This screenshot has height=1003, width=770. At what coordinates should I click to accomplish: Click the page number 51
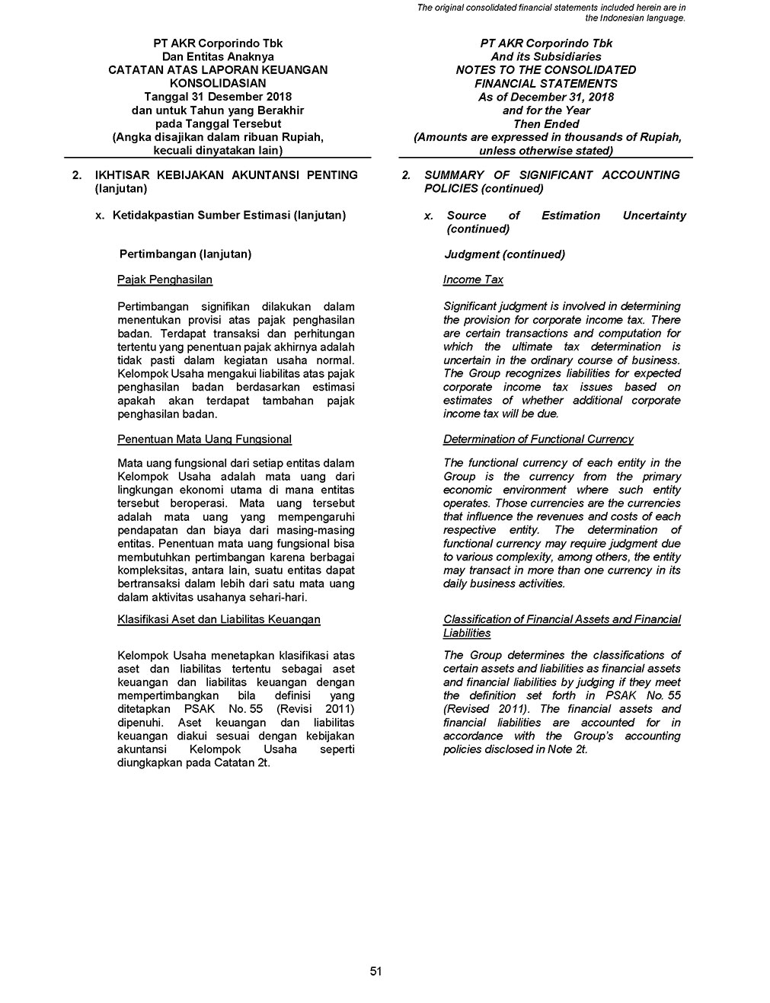tap(375, 971)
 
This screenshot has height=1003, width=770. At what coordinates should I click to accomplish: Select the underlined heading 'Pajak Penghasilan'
tap(165, 279)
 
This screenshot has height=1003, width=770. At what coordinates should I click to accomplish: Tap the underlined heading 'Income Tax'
tap(473, 279)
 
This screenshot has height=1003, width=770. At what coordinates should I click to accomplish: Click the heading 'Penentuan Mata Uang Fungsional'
tap(204, 439)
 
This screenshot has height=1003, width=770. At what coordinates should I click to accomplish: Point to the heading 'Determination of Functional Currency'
tap(538, 439)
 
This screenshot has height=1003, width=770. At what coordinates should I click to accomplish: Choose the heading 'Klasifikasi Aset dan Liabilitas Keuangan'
tap(219, 619)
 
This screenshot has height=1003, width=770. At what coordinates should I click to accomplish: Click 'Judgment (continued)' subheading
tap(504, 254)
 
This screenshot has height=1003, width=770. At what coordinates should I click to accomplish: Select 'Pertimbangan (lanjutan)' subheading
tap(186, 254)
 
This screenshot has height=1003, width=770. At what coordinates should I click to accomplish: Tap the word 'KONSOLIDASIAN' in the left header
tap(218, 83)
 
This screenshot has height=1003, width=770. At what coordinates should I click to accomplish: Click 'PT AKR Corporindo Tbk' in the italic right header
tap(546, 43)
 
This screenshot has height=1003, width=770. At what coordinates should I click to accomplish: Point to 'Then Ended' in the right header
tap(546, 123)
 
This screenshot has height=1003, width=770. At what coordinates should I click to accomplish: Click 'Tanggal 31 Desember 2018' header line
tap(218, 97)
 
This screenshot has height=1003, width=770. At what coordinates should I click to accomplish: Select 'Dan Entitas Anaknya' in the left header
tap(218, 56)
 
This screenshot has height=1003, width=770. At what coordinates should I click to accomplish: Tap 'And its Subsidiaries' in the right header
tap(546, 56)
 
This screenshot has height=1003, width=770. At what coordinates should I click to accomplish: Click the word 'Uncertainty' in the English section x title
tap(653, 216)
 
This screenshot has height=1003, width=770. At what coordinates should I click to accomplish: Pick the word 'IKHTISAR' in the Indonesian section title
tap(122, 175)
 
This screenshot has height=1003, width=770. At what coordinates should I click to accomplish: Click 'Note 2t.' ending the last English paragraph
tap(567, 749)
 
